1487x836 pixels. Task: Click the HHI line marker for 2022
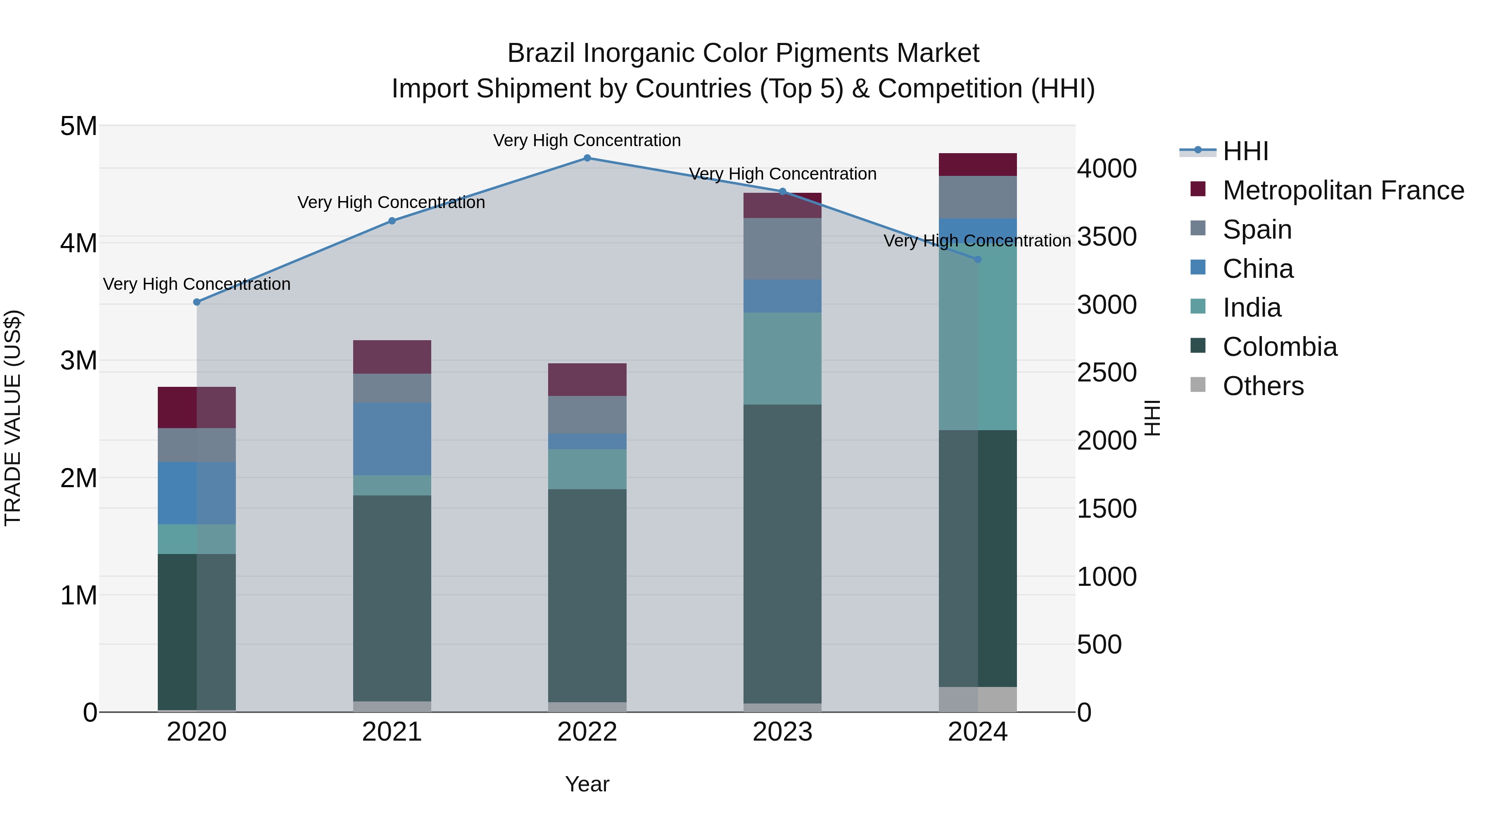pyautogui.click(x=587, y=158)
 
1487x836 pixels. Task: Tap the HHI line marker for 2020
pyautogui.click(x=197, y=302)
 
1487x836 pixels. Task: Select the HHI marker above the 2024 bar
pyautogui.click(x=978, y=260)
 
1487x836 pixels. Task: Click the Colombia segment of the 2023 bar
pyautogui.click(x=782, y=554)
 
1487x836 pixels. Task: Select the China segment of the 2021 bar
pyautogui.click(x=392, y=438)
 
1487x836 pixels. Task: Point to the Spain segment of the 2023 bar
pyautogui.click(x=782, y=249)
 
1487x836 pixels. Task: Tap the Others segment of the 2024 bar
pyautogui.click(x=978, y=699)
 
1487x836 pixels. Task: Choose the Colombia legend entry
pyautogui.click(x=1280, y=347)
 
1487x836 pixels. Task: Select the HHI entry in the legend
pyautogui.click(x=1245, y=151)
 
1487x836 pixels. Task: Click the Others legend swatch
pyautogui.click(x=1198, y=385)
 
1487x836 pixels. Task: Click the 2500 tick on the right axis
pyautogui.click(x=1107, y=373)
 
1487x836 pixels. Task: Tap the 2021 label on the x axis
pyautogui.click(x=392, y=732)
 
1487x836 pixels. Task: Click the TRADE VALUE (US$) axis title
pyautogui.click(x=13, y=418)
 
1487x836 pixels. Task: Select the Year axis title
pyautogui.click(x=587, y=784)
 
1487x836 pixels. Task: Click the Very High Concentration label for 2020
pyautogui.click(x=197, y=284)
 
